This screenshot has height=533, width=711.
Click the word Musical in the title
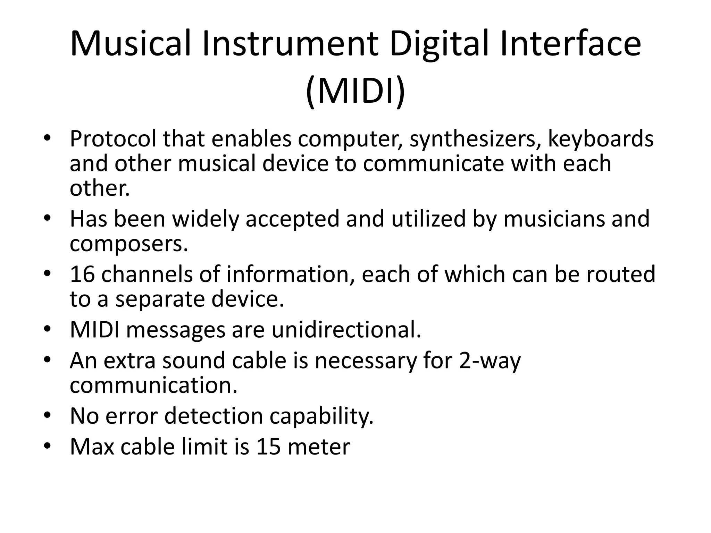pos(131,44)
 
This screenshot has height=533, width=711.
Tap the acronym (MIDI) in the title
pos(355,91)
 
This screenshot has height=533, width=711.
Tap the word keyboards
pos(601,139)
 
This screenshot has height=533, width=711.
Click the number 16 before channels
pos(82,274)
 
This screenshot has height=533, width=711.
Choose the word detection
pos(214,416)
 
